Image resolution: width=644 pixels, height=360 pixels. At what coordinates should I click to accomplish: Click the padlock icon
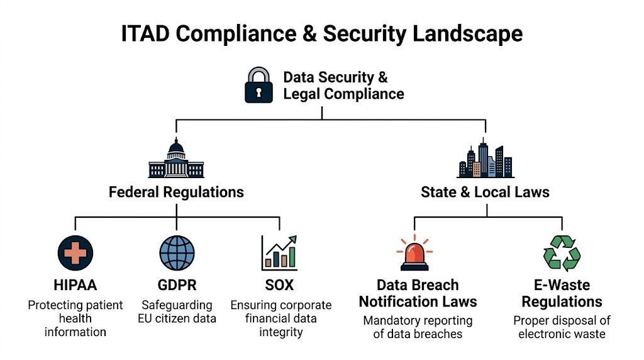click(258, 86)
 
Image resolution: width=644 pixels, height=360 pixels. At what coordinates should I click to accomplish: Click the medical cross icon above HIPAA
click(75, 253)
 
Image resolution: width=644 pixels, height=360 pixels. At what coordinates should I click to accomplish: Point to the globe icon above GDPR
click(177, 253)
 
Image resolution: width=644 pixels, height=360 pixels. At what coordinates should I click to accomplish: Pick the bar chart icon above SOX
click(279, 254)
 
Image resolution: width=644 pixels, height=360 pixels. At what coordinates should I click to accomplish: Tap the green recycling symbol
click(562, 253)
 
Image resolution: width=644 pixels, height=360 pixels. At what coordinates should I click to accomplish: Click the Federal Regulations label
click(176, 192)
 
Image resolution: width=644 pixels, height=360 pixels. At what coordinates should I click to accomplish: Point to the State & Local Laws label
click(485, 192)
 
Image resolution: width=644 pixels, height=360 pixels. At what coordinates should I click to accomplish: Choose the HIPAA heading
click(75, 285)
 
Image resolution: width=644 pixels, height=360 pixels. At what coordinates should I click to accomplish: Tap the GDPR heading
click(177, 285)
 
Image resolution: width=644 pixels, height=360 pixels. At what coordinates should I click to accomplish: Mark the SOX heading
click(279, 285)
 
